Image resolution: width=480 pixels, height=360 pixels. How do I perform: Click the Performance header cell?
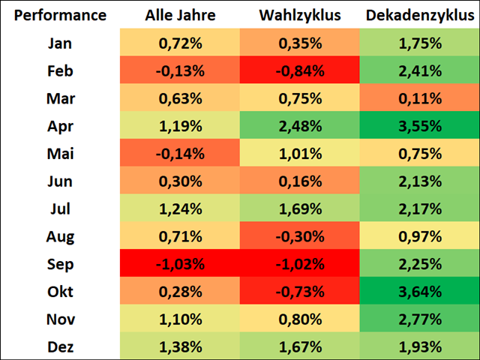[60, 15]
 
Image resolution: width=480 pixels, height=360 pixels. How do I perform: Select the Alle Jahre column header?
[180, 15]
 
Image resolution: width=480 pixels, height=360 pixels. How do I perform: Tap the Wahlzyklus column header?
[300, 15]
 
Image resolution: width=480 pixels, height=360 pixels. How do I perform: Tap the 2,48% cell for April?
[300, 127]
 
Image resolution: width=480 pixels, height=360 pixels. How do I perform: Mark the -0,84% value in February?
[300, 71]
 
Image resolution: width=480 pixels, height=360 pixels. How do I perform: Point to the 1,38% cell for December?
[180, 346]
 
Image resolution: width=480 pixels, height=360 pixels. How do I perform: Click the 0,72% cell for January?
[180, 43]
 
